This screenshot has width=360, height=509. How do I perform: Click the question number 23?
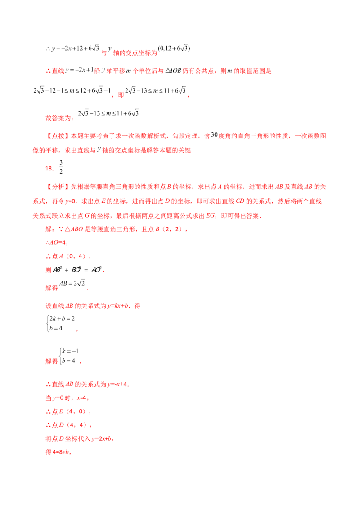49,169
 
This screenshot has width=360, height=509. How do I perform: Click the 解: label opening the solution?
46,230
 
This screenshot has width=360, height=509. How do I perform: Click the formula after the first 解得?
72,283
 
